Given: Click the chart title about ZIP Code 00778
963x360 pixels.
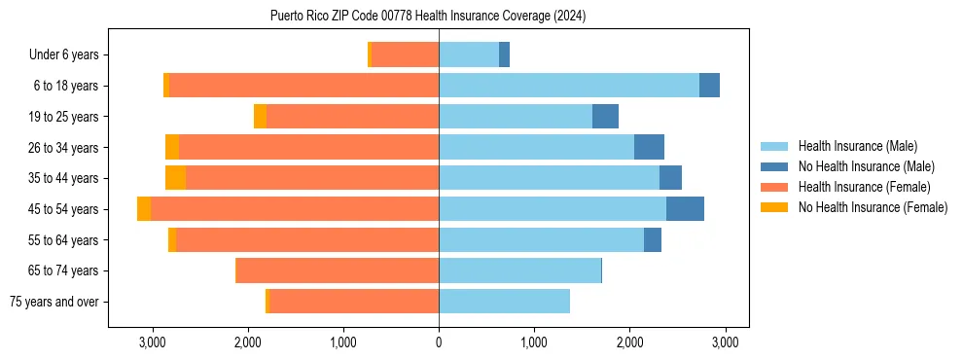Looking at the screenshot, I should (x=428, y=16).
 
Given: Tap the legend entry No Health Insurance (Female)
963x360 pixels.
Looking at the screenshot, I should (x=873, y=207).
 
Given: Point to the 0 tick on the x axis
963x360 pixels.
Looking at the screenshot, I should (x=439, y=343).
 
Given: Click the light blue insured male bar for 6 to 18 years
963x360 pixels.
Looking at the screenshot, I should (x=569, y=86).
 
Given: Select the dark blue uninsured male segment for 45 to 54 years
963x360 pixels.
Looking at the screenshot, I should (x=685, y=209).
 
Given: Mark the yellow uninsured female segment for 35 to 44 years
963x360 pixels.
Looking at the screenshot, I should (x=175, y=178).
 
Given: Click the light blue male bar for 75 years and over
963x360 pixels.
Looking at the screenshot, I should (x=504, y=302).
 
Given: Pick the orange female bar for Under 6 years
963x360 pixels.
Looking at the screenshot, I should (x=405, y=55).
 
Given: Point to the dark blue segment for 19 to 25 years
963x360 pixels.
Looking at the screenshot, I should (x=605, y=117).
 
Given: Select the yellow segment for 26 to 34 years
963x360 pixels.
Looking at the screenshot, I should (x=172, y=148).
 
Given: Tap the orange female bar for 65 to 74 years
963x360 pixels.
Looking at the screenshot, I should (x=338, y=270).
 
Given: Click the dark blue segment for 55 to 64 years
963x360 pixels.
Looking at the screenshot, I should (x=653, y=240).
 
